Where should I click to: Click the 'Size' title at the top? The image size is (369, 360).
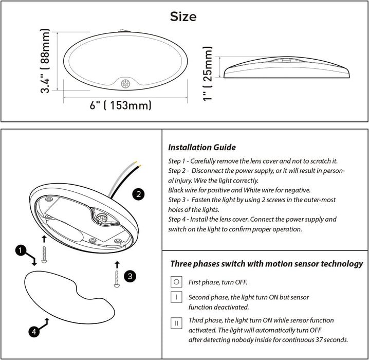(x=183, y=17)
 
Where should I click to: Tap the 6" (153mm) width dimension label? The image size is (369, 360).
(x=120, y=105)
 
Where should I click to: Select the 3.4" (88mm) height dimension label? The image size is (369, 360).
(x=45, y=61)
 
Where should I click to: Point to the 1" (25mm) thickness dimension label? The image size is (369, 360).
(x=208, y=74)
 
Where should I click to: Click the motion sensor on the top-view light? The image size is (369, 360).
(x=125, y=84)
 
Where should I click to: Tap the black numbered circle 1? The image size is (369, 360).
(x=21, y=250)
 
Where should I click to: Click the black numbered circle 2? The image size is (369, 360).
(x=138, y=194)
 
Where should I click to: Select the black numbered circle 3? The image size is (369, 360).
(x=130, y=276)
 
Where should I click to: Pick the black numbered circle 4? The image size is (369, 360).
(x=34, y=332)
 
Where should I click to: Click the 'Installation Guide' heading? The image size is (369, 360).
(x=202, y=148)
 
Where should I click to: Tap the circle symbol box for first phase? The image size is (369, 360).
(x=176, y=282)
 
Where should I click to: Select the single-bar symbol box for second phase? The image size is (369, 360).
(x=176, y=297)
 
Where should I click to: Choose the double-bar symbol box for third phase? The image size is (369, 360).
(x=176, y=323)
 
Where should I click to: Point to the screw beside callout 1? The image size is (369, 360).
(x=44, y=255)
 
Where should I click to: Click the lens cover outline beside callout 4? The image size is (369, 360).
(x=70, y=297)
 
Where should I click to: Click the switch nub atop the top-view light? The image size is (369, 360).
(x=124, y=31)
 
